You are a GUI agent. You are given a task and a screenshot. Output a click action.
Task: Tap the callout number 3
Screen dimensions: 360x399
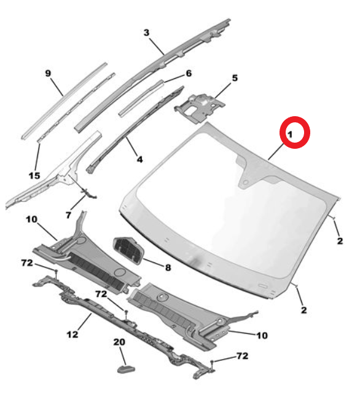click(146, 33)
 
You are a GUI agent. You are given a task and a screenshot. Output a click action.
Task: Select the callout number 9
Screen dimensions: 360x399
click(48, 73)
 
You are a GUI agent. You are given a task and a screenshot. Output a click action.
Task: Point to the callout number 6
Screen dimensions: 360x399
click(189, 73)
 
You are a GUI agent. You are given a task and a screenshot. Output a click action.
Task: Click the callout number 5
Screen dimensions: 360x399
click(235, 78)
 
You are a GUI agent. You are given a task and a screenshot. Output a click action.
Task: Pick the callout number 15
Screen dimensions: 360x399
click(34, 176)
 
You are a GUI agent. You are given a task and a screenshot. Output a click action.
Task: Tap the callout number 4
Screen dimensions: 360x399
click(139, 160)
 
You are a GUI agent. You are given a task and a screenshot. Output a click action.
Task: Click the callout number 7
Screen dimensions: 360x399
click(68, 215)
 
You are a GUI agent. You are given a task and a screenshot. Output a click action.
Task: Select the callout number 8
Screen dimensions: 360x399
click(168, 267)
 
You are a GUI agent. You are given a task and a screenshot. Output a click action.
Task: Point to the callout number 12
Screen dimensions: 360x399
click(72, 334)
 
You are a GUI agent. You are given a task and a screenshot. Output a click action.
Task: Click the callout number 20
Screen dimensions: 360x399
click(119, 342)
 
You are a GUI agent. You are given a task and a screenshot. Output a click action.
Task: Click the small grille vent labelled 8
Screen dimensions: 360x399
click(128, 251)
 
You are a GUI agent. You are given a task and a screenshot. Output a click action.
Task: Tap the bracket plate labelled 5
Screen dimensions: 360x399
click(200, 108)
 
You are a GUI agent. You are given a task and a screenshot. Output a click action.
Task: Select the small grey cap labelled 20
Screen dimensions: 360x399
click(126, 369)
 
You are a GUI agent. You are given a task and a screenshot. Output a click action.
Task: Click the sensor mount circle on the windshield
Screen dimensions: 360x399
click(246, 183)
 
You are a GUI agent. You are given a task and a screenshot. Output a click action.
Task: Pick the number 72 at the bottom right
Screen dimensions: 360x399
click(242, 356)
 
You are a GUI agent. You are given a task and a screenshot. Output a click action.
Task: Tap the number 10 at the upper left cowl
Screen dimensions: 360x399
click(31, 219)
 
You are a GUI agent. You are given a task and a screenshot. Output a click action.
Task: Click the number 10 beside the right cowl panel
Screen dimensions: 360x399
click(262, 336)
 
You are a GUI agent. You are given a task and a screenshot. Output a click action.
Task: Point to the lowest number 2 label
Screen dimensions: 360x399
click(304, 310)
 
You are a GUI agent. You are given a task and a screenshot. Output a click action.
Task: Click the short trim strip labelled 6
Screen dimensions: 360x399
click(141, 98)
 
